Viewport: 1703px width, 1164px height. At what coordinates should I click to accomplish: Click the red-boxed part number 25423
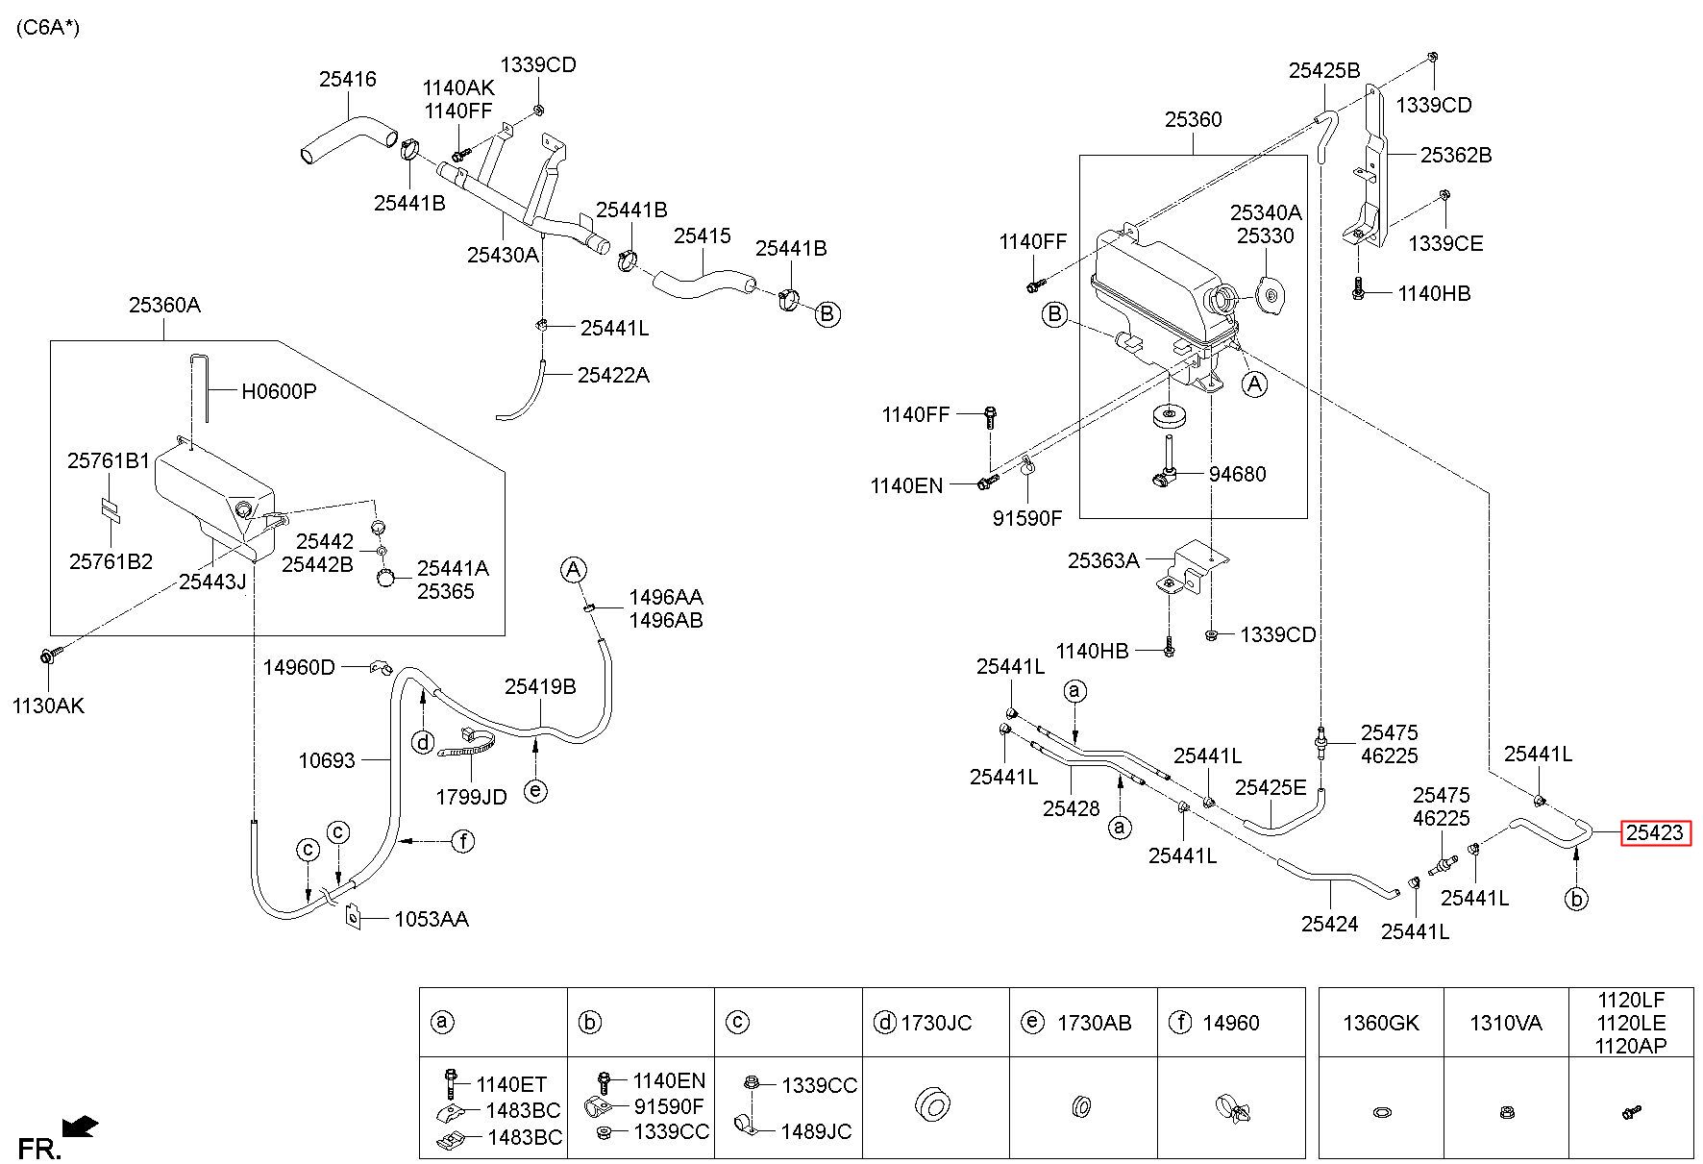(x=1655, y=832)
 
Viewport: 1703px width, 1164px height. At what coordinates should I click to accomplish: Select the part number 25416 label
(x=347, y=80)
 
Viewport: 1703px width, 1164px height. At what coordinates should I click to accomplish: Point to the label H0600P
(x=278, y=391)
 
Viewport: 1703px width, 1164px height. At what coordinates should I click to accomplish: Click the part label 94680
(x=1237, y=474)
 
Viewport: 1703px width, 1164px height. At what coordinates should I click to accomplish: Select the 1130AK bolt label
(x=48, y=706)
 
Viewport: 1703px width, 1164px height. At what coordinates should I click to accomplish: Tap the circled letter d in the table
(x=884, y=1023)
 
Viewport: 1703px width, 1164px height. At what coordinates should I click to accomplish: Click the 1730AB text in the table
(x=1095, y=1023)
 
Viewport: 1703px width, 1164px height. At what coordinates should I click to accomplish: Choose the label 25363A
(x=1103, y=560)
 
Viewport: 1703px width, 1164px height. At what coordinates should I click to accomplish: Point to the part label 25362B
(x=1456, y=155)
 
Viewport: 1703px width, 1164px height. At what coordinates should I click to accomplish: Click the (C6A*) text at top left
(x=48, y=28)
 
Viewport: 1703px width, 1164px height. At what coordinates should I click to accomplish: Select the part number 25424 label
(x=1330, y=924)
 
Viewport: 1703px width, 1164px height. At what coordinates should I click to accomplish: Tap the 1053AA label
(x=432, y=919)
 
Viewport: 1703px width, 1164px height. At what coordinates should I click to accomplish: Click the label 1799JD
(x=471, y=797)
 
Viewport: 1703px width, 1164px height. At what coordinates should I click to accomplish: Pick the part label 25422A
(x=613, y=375)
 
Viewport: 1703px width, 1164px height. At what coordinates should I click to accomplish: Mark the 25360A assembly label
(x=164, y=306)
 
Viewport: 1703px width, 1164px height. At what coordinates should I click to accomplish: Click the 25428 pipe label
(x=1071, y=808)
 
